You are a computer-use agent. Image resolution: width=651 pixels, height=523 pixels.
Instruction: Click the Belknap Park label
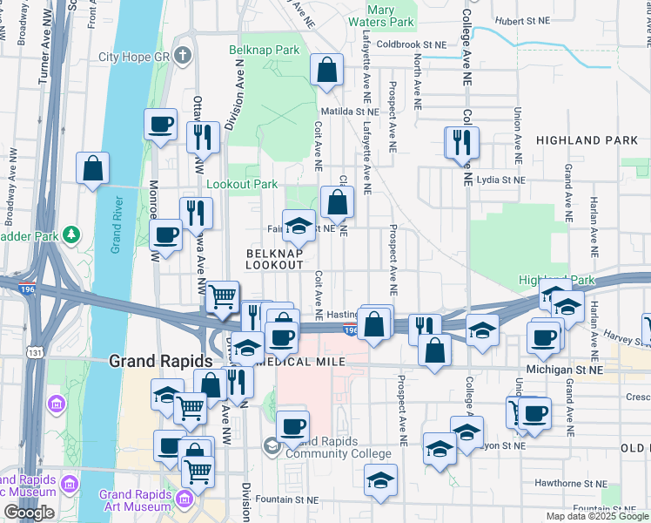pyautogui.click(x=264, y=51)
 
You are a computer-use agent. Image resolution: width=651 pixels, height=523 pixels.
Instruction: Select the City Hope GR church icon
pyautogui.click(x=182, y=57)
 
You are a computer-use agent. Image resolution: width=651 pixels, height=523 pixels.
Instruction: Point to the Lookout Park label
pyautogui.click(x=242, y=184)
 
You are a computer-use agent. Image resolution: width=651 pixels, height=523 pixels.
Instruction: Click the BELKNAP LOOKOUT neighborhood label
pyautogui.click(x=274, y=257)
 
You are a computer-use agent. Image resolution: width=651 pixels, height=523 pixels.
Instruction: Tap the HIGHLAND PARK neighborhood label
pyautogui.click(x=581, y=139)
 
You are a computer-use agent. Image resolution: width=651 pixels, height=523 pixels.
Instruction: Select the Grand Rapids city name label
pyautogui.click(x=160, y=361)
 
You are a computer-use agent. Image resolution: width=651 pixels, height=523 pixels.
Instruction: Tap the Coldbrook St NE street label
pyautogui.click(x=412, y=44)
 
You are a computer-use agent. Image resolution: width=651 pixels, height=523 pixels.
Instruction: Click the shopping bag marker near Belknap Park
pyautogui.click(x=325, y=71)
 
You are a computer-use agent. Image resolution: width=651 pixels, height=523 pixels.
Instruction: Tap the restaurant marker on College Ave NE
pyautogui.click(x=460, y=141)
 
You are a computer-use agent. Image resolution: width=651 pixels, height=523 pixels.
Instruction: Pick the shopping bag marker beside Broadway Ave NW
pyautogui.click(x=92, y=167)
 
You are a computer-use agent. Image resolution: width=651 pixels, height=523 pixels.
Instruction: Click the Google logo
pyautogui.click(x=30, y=513)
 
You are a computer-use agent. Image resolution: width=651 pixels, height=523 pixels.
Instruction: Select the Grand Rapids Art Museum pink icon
pyautogui.click(x=184, y=498)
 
